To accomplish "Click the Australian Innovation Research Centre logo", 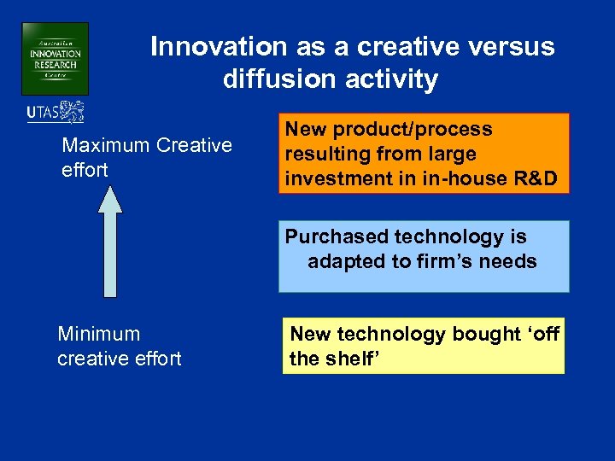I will pyautogui.click(x=55, y=59).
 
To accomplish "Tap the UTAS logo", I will pyautogui.click(x=56, y=113).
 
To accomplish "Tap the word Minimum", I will pyautogui.click(x=98, y=334).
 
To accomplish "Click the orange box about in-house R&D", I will pyautogui.click(x=423, y=155).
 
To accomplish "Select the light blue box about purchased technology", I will pyautogui.click(x=423, y=257).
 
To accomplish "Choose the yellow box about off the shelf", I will pyautogui.click(x=423, y=346).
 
